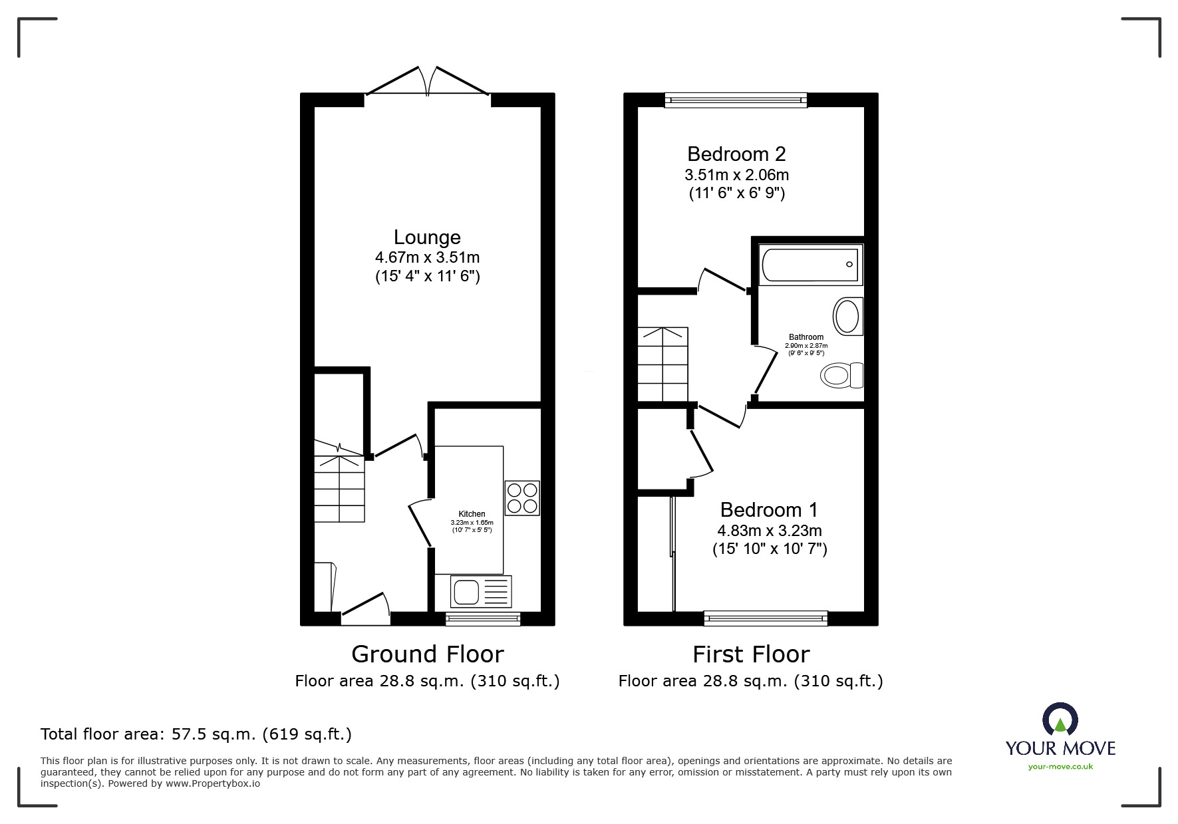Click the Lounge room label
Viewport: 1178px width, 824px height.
click(427, 237)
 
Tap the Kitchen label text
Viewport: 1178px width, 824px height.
click(472, 514)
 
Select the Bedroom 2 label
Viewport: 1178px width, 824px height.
click(736, 154)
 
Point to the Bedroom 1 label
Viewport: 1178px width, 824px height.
click(769, 510)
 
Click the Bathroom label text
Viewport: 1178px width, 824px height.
click(806, 337)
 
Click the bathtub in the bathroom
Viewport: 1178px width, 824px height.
click(811, 265)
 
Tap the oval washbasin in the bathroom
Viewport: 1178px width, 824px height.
click(848, 316)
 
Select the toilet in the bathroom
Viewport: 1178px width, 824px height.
click(842, 376)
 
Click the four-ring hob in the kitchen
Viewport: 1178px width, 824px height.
click(522, 498)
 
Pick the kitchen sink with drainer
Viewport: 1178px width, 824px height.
click(481, 591)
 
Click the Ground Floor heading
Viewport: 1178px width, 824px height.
click(427, 654)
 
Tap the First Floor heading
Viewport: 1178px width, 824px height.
click(751, 654)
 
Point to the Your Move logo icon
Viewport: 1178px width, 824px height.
click(1060, 719)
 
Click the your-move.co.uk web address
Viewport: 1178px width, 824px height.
click(1060, 767)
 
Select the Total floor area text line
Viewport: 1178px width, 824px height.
click(196, 734)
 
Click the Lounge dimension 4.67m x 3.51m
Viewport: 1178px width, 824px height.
click(427, 257)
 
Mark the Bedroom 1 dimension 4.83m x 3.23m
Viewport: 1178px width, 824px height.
click(769, 531)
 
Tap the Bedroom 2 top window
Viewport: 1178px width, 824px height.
click(736, 100)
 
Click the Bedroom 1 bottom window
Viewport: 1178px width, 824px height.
click(766, 618)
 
